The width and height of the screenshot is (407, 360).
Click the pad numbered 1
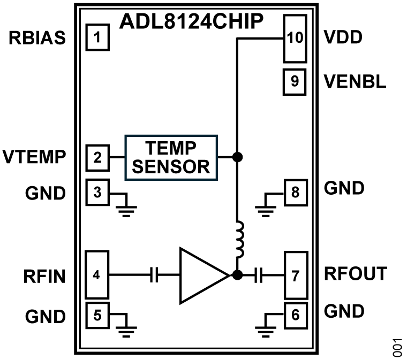click(97, 39)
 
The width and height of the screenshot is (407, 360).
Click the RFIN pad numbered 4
click(97, 275)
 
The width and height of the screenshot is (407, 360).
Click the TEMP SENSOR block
click(171, 157)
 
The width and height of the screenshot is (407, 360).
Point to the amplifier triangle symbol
click(201, 275)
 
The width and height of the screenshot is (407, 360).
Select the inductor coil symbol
click(238, 241)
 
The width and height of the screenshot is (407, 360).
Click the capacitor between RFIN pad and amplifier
click(154, 275)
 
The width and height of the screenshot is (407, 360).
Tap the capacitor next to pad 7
click(260, 275)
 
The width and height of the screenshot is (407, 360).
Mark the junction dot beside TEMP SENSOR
click(238, 157)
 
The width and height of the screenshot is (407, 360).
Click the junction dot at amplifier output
click(238, 275)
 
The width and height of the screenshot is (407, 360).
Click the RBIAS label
click(37, 39)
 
